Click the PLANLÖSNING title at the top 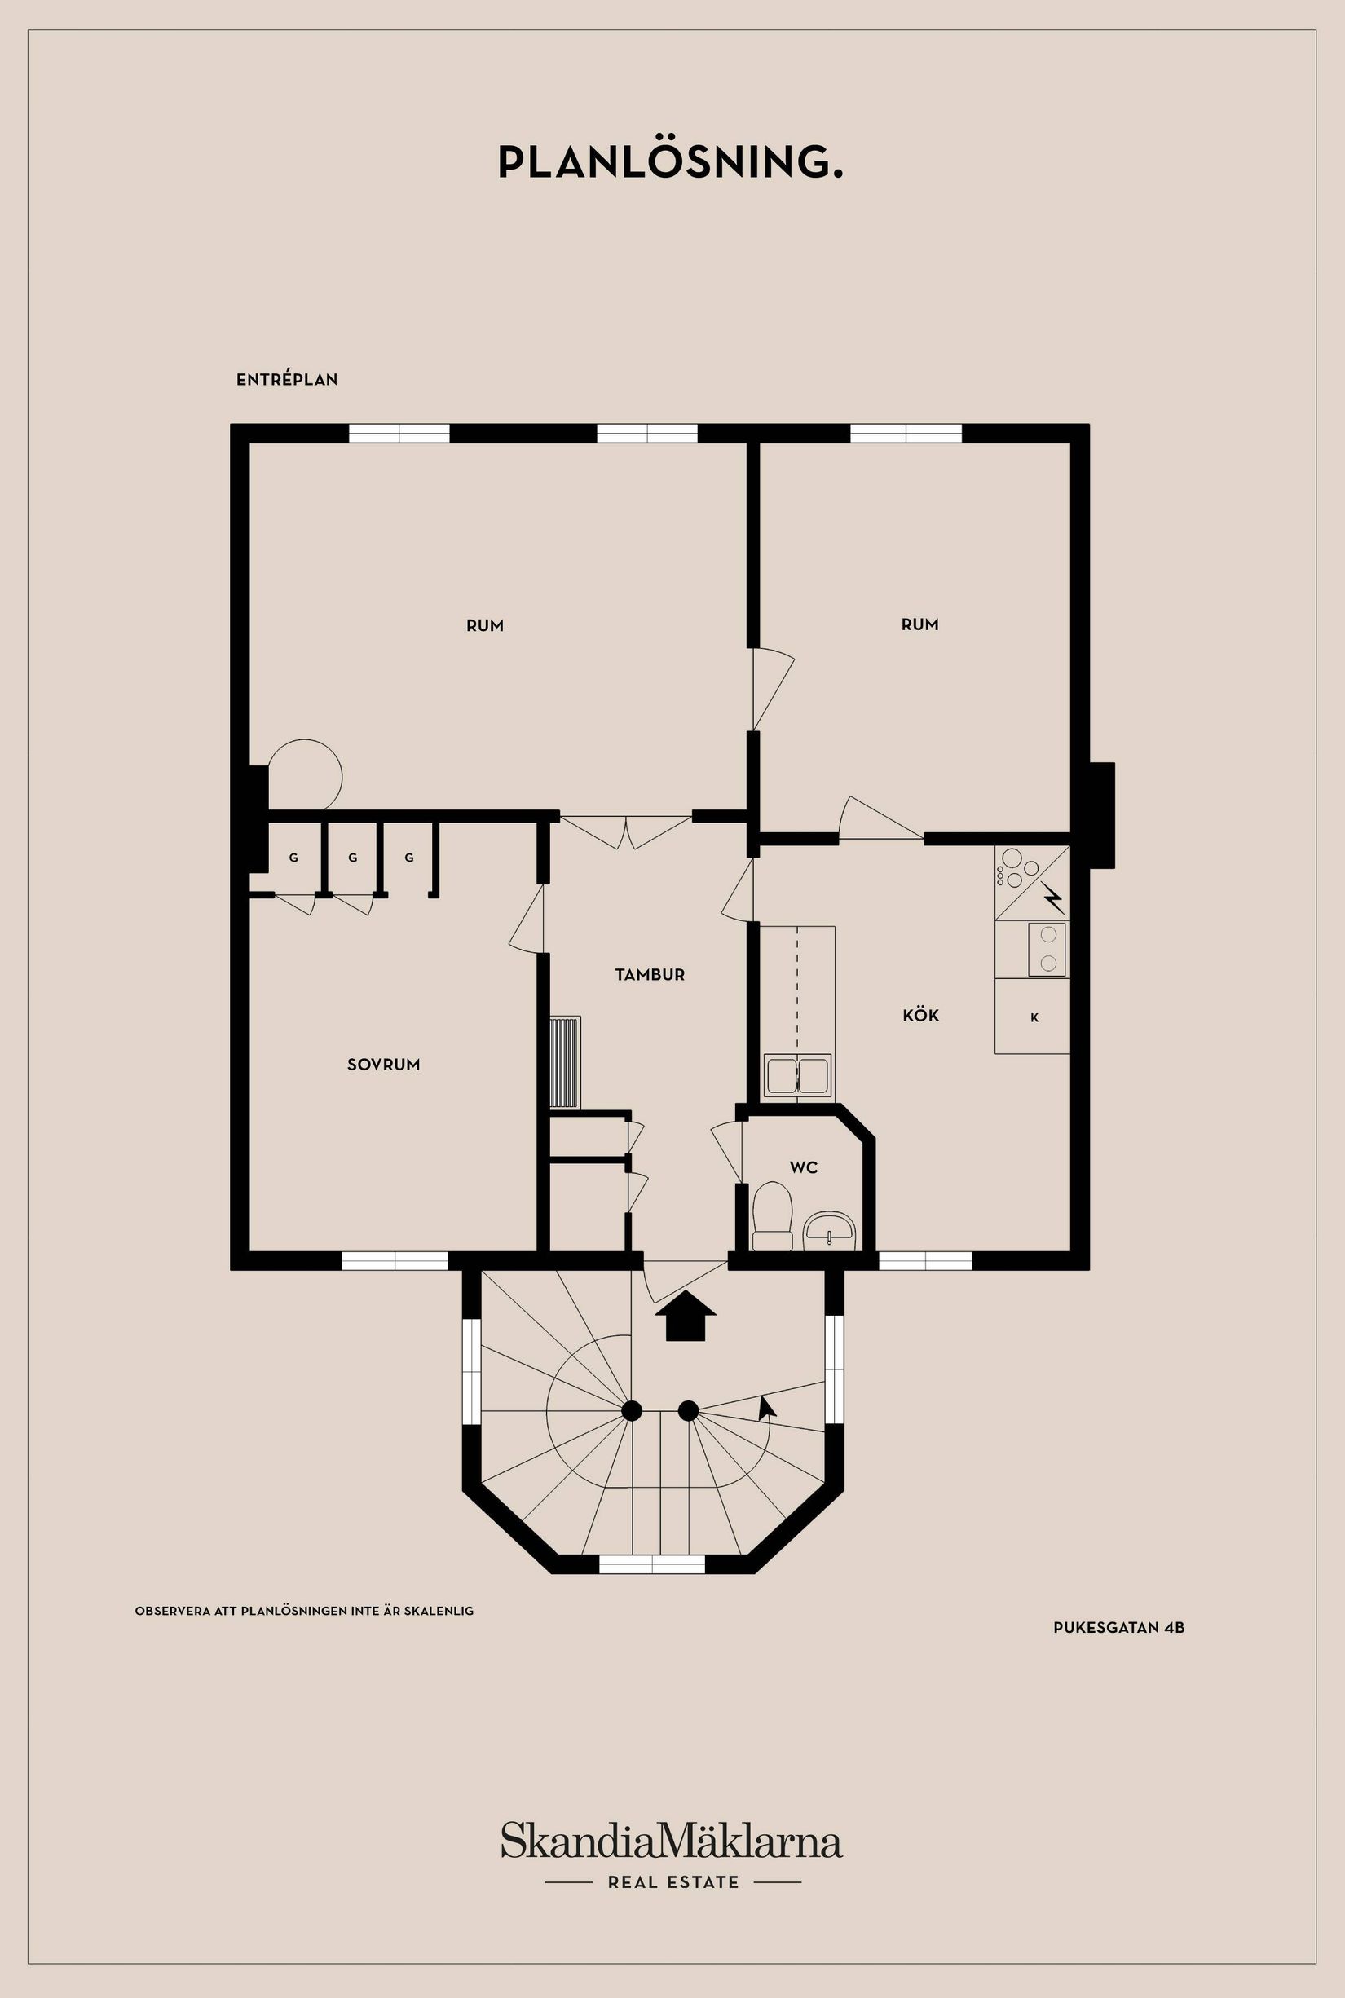[x=671, y=163]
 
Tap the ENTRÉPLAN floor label [x=286, y=379]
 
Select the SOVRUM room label [x=383, y=1065]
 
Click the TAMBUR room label [x=650, y=975]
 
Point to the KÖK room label [x=920, y=1016]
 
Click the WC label [x=804, y=1167]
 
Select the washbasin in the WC [x=829, y=1230]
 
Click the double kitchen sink [x=798, y=1076]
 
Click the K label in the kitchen [x=1034, y=1018]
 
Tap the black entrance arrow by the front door [x=686, y=1317]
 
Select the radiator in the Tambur [x=565, y=1063]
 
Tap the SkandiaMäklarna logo [x=672, y=1841]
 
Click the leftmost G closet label [x=293, y=858]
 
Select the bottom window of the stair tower [x=651, y=1564]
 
